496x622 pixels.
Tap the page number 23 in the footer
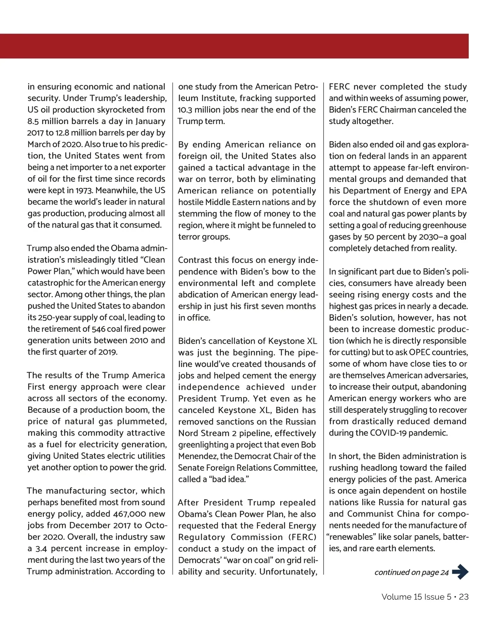point(464,597)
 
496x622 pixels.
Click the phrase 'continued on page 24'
point(411,572)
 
